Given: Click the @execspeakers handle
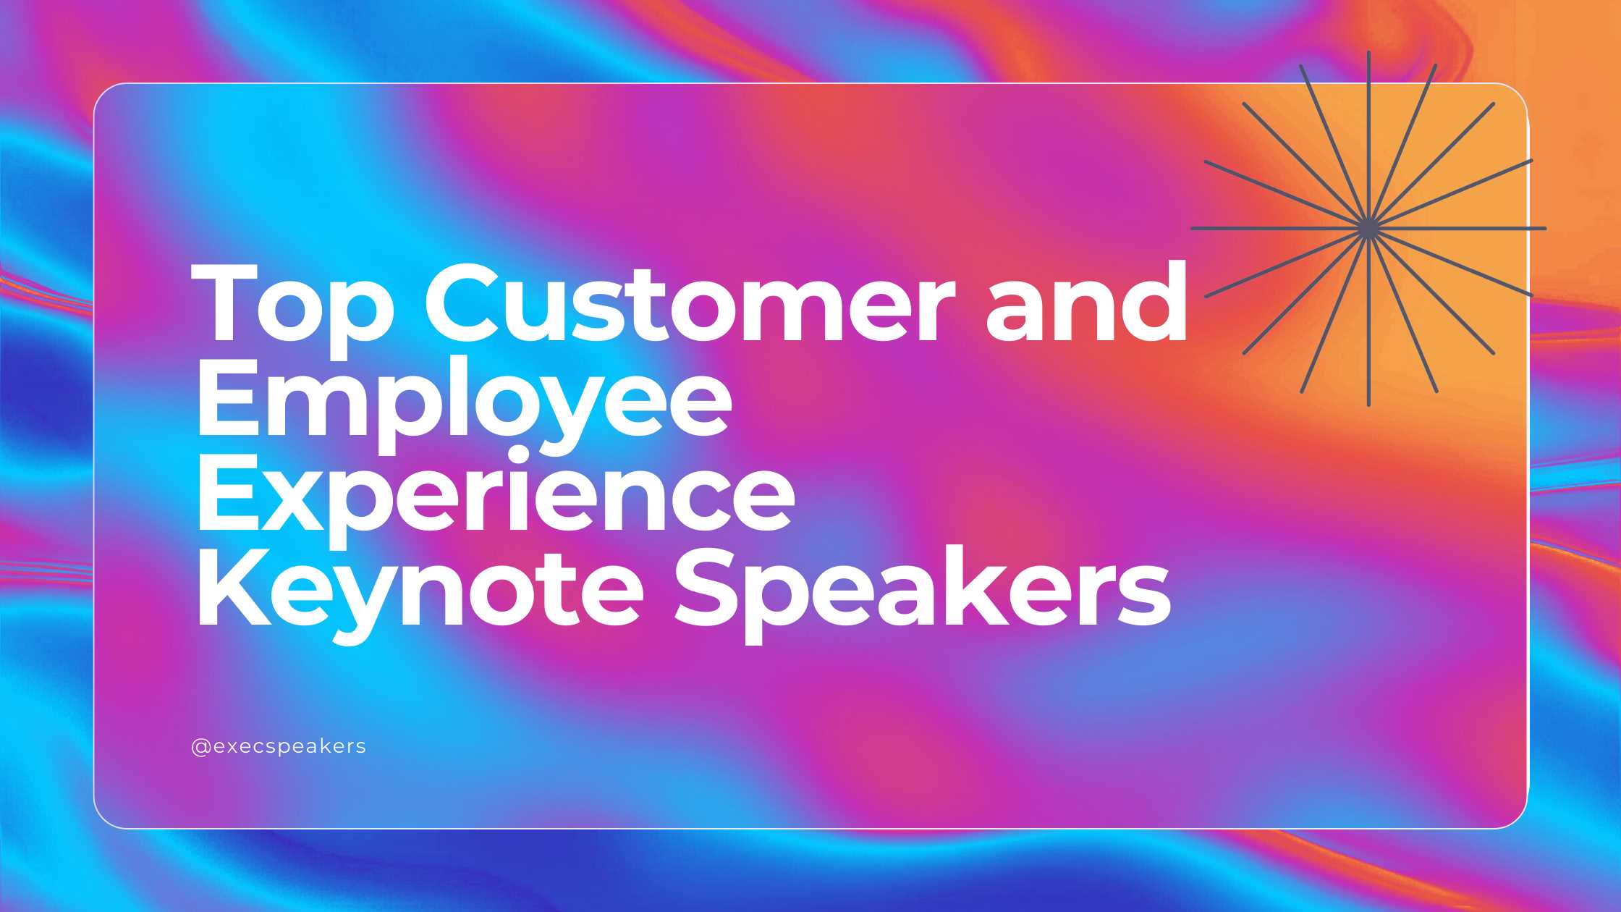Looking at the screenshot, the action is tap(279, 746).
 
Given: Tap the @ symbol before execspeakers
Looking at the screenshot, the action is tap(200, 747).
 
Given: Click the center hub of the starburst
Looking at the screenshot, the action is tap(1368, 229).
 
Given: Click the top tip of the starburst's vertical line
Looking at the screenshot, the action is tap(1368, 52).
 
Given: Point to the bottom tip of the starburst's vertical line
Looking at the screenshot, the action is tap(1368, 405).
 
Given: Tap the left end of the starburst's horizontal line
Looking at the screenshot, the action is tap(1193, 229).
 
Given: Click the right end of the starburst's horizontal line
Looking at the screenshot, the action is tap(1545, 229).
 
